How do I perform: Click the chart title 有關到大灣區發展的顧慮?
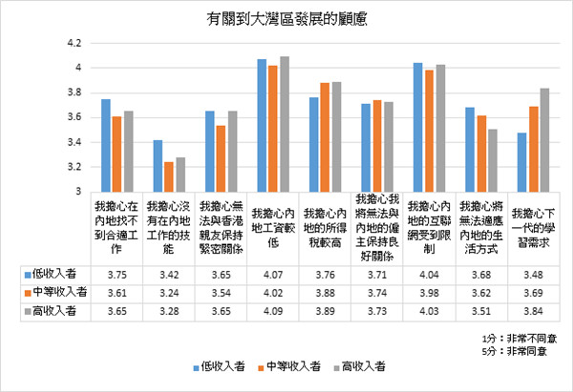coord(286,16)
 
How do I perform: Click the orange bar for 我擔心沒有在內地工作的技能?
coord(168,176)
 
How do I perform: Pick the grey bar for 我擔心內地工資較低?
coord(285,124)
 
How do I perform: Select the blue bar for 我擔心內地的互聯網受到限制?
coord(417,127)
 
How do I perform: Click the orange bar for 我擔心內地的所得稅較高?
coord(326,136)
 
